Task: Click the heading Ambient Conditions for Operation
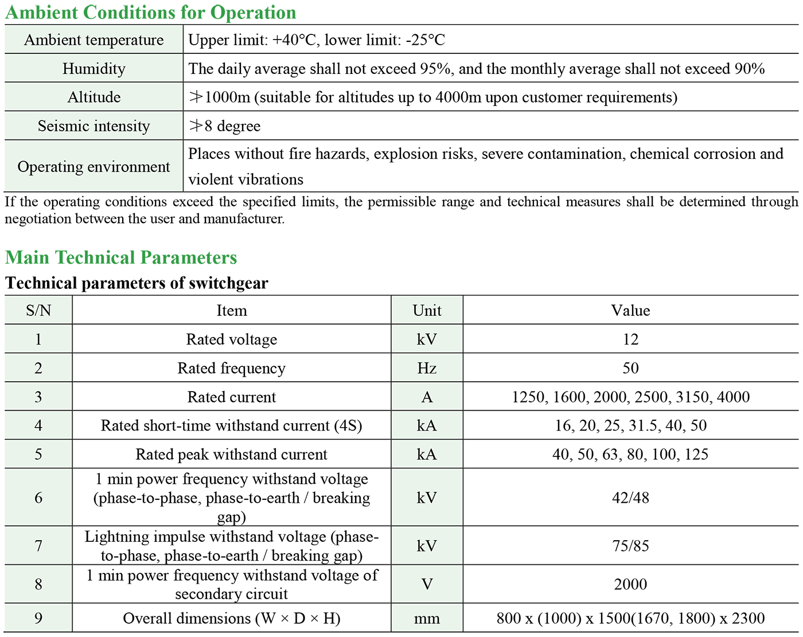point(150,12)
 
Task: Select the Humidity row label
point(93,69)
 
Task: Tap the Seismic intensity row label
point(93,126)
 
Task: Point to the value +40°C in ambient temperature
point(295,40)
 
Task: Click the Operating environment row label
point(93,167)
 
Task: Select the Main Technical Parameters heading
point(121,257)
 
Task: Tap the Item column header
point(231,311)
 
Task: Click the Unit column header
point(427,311)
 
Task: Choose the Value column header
point(630,311)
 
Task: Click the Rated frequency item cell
point(231,368)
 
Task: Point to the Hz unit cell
point(427,368)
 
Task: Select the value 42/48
point(630,498)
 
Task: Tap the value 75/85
point(630,546)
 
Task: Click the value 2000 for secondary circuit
point(630,584)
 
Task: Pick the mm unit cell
point(427,619)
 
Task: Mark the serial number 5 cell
point(38,455)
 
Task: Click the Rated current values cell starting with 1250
point(630,397)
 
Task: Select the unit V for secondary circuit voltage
point(427,584)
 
